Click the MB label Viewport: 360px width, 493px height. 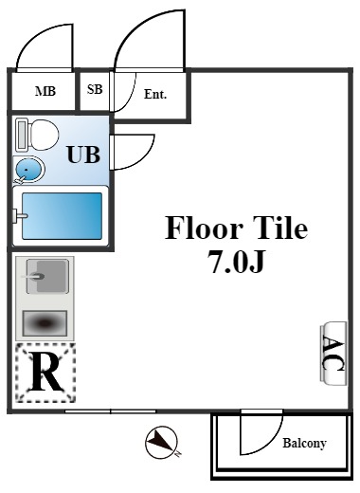click(x=44, y=92)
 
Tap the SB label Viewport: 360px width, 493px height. click(x=95, y=90)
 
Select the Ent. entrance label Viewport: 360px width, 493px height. click(x=155, y=94)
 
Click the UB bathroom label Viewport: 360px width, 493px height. click(x=82, y=154)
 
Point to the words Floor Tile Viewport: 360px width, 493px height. click(x=237, y=228)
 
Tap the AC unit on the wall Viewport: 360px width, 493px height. click(x=333, y=355)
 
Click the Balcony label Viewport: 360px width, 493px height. click(x=304, y=443)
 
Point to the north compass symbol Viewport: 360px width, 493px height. click(x=162, y=441)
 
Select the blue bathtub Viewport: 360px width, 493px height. click(x=62, y=215)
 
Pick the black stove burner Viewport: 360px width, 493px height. click(x=45, y=324)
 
